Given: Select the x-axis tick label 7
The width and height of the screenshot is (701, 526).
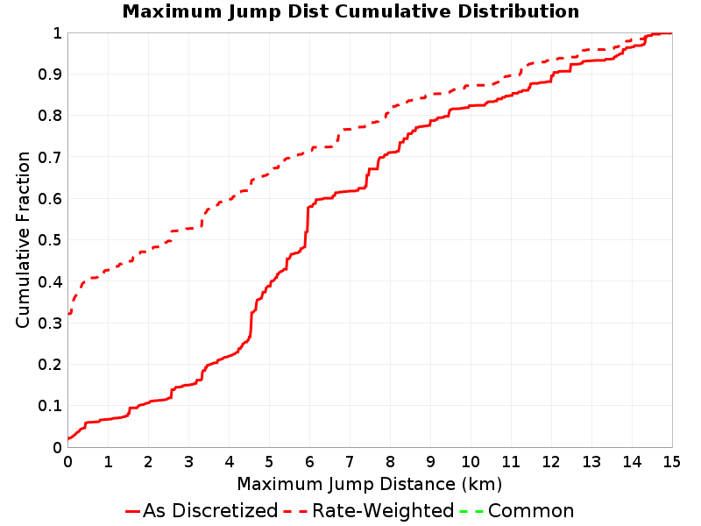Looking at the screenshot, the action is (350, 462).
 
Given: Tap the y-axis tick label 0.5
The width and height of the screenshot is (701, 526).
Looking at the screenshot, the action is (50, 239).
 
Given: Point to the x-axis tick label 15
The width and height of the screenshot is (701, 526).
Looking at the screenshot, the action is (671, 462).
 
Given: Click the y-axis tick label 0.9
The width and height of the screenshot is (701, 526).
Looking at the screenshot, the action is (50, 74).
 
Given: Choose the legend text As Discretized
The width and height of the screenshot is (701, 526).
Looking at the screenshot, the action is (210, 510).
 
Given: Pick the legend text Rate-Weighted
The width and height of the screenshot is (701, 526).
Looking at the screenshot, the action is (383, 510).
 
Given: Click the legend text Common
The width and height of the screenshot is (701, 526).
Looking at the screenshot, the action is (531, 510).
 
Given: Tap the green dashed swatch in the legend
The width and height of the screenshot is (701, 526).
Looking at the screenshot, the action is (471, 511).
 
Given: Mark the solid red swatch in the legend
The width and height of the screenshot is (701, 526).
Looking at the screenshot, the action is (133, 511).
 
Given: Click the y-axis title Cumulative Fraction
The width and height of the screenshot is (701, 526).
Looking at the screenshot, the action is (23, 239).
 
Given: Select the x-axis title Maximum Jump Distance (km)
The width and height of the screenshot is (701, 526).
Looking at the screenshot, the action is (370, 485).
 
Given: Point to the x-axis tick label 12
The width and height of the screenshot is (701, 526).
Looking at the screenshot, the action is (551, 462).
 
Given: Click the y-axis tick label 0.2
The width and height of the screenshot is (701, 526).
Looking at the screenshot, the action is (50, 365).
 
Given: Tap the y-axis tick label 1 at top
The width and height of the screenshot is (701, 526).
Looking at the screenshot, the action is (57, 33).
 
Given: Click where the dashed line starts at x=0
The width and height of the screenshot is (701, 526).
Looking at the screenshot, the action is (68, 314).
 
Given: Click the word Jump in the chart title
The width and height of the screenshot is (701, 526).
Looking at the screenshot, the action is (253, 11).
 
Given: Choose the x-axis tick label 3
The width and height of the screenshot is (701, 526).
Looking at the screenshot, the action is (188, 462).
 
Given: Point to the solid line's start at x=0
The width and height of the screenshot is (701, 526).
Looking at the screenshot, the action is (68, 438).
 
